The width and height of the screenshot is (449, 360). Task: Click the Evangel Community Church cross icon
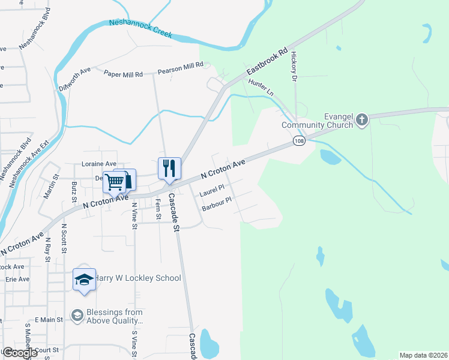pyautogui.click(x=361, y=121)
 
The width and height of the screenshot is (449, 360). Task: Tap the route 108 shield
pyautogui.click(x=298, y=140)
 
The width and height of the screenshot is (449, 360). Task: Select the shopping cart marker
pyautogui.click(x=114, y=182)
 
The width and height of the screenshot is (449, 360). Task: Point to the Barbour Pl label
pyautogui.click(x=217, y=205)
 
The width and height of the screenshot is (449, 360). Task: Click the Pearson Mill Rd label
pyautogui.click(x=181, y=68)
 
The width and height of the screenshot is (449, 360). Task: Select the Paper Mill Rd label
pyautogui.click(x=123, y=74)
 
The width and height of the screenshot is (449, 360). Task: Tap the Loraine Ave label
pyautogui.click(x=99, y=164)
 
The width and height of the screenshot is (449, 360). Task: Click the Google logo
pyautogui.click(x=19, y=353)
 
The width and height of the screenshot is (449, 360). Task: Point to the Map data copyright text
pyautogui.click(x=423, y=355)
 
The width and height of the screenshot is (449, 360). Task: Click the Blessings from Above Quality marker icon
pyautogui.click(x=77, y=315)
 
